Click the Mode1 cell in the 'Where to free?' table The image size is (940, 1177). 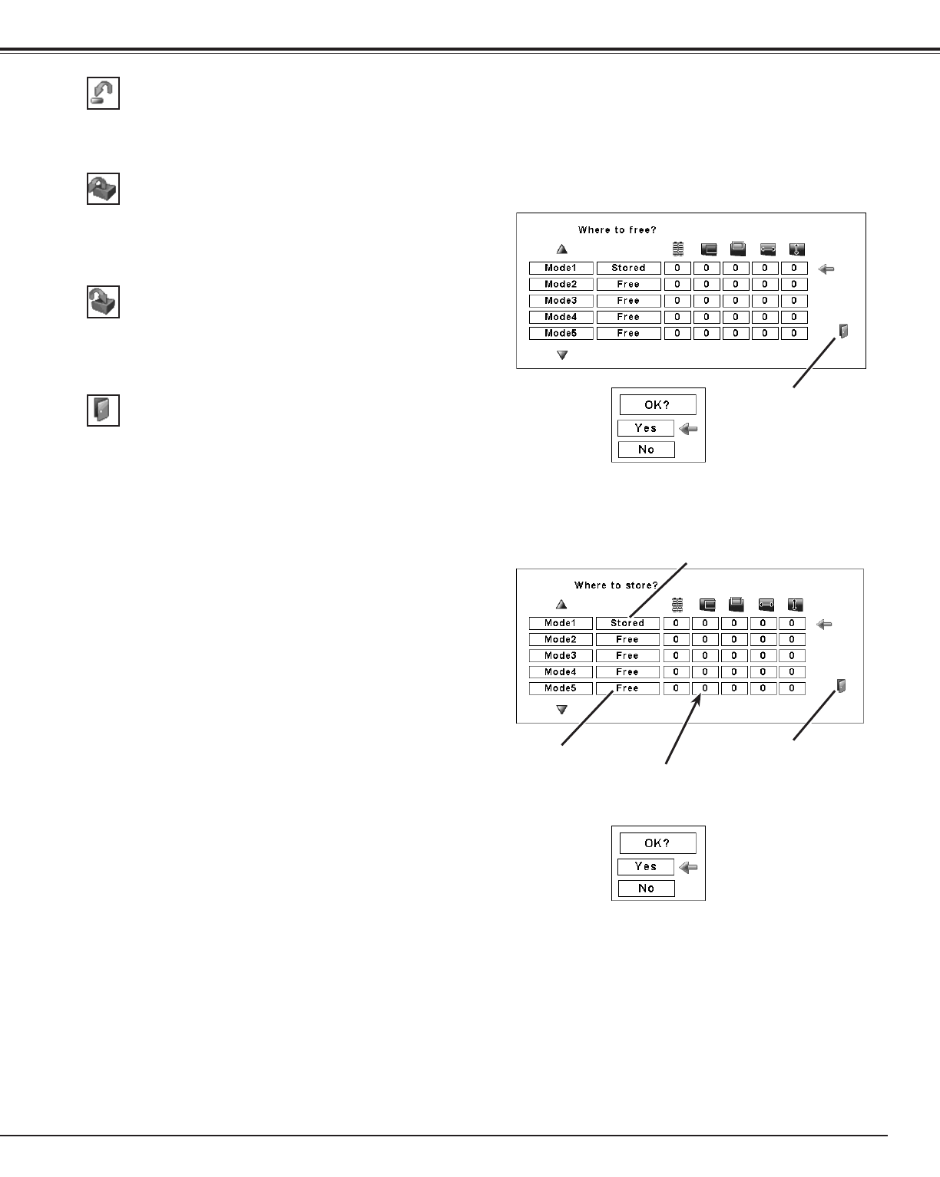point(561,268)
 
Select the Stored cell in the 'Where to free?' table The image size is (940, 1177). point(628,268)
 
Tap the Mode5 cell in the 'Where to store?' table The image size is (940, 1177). point(561,688)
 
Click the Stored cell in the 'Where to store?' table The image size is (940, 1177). point(627,623)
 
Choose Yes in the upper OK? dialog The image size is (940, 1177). point(646,428)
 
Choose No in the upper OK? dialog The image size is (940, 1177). point(646,450)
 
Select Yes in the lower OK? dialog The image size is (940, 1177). point(646,866)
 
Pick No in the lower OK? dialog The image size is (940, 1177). point(646,889)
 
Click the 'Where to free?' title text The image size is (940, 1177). point(617,230)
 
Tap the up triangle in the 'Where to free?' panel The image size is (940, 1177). point(562,249)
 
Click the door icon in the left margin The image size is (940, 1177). point(103,410)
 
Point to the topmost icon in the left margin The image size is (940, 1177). point(103,94)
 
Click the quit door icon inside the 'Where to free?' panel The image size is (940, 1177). point(843,331)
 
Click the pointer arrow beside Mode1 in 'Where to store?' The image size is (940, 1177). point(825,625)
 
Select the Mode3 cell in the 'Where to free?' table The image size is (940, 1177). point(561,301)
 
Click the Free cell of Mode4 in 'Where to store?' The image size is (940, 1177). point(627,672)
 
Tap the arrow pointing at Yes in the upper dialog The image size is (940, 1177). point(689,429)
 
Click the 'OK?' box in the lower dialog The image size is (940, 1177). point(657,843)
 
